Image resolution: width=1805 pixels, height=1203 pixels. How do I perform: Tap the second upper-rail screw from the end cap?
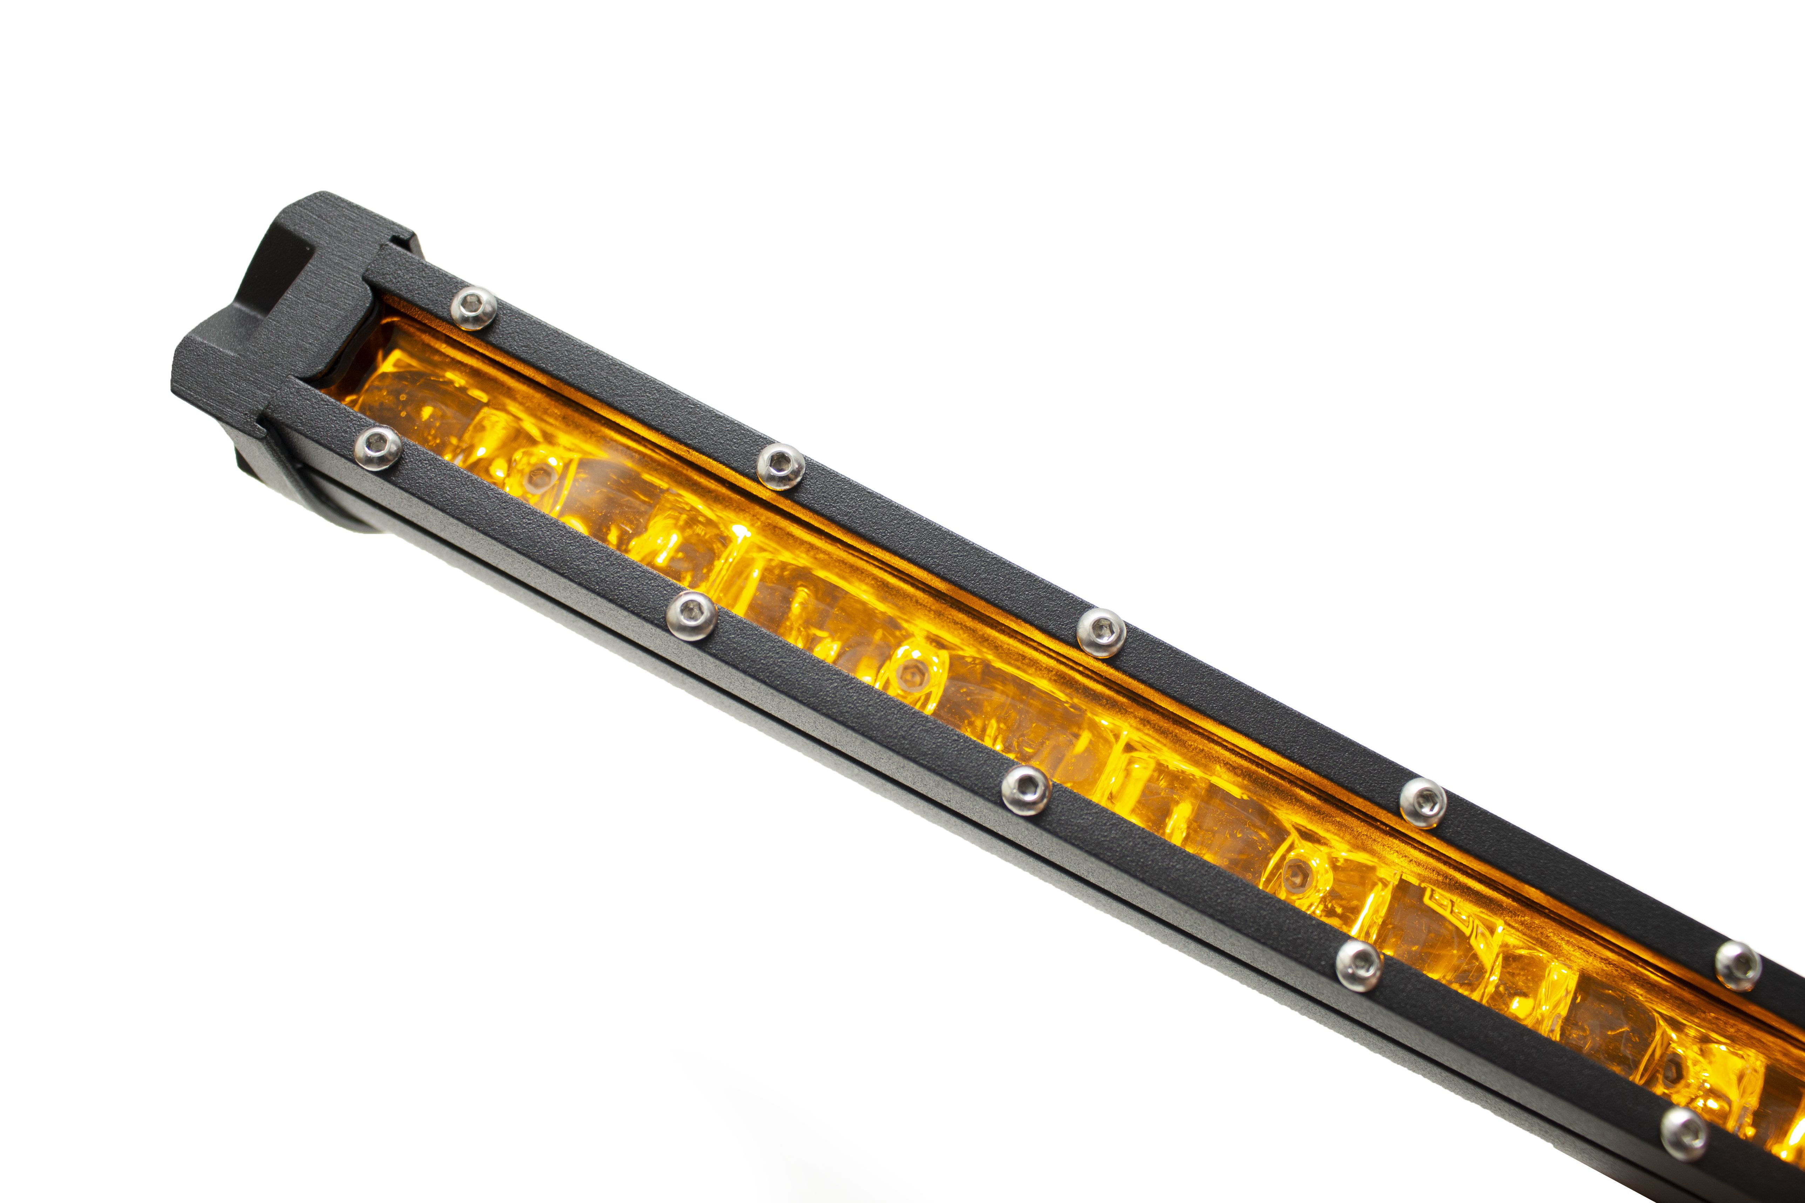click(x=780, y=467)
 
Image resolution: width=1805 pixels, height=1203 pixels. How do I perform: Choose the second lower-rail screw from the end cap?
click(x=691, y=615)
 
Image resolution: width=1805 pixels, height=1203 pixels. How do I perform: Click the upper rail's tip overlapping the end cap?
click(x=387, y=265)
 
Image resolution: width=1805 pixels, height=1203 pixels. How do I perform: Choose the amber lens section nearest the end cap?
click(x=414, y=399)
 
